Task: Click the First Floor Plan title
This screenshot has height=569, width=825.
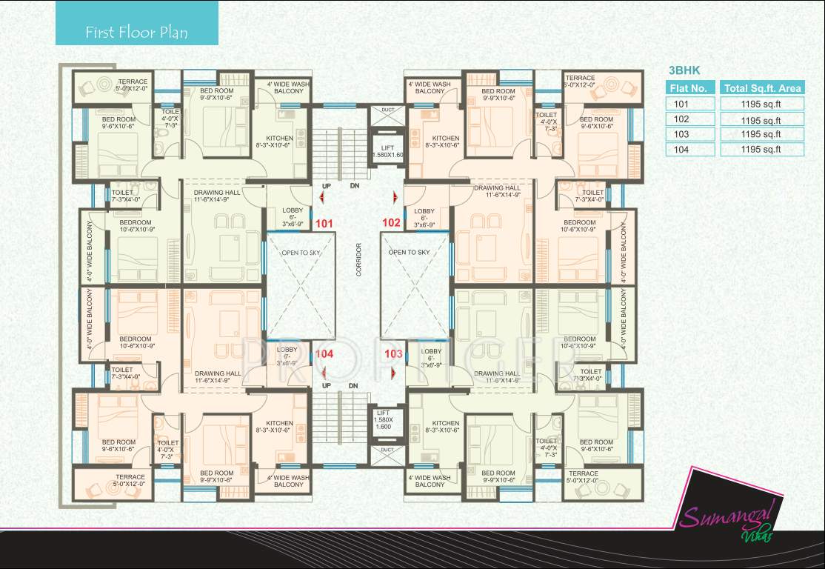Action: tap(136, 33)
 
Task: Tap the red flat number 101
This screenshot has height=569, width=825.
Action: tap(325, 222)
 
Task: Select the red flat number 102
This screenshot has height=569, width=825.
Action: tap(390, 222)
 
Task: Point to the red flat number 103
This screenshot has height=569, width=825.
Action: tap(393, 354)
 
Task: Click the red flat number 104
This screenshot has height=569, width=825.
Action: tap(324, 354)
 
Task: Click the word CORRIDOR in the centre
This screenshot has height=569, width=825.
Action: tap(358, 259)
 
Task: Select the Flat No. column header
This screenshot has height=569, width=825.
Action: tap(689, 88)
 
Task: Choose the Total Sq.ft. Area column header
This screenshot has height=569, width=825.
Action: tap(762, 88)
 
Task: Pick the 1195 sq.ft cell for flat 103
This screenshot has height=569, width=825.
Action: tap(762, 134)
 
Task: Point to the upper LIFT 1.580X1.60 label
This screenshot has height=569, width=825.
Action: tap(387, 151)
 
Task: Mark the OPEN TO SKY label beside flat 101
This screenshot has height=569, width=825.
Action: tap(299, 253)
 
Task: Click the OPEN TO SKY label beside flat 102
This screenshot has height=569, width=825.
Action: tap(409, 253)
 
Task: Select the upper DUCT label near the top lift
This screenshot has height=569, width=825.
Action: tap(387, 110)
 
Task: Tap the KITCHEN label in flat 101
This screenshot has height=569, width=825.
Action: tap(280, 139)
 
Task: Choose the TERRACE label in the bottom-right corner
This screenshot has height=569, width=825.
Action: tap(584, 473)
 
